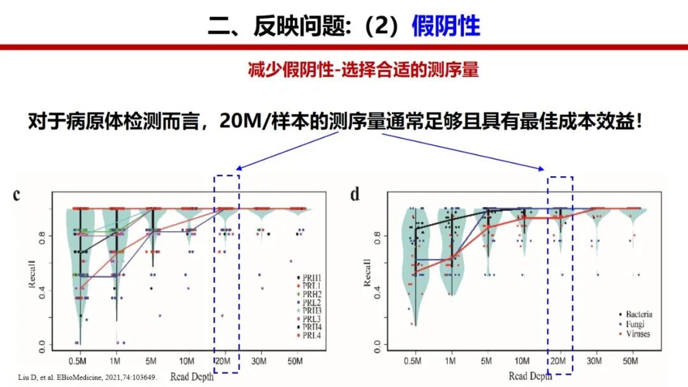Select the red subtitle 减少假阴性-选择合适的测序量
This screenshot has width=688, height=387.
(x=363, y=69)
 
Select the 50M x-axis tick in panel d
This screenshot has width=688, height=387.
(x=631, y=361)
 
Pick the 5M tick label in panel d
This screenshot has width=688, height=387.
(x=487, y=361)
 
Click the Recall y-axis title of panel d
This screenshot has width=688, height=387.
(x=368, y=272)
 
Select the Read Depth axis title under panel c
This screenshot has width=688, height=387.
(x=192, y=377)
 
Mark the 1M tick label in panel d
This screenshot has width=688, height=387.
(x=452, y=361)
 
